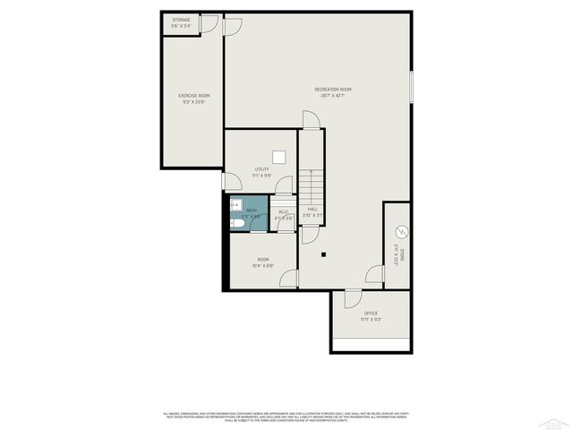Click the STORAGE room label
point(181,20)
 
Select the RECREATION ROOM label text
point(332,89)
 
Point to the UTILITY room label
point(261,168)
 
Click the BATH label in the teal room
point(251,210)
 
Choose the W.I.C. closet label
point(283,211)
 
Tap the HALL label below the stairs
point(312,209)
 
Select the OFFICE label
point(371,313)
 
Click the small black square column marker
point(325,254)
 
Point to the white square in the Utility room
point(279,157)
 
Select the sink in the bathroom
point(236,204)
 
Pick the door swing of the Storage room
point(208,24)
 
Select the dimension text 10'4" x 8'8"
point(262,265)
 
